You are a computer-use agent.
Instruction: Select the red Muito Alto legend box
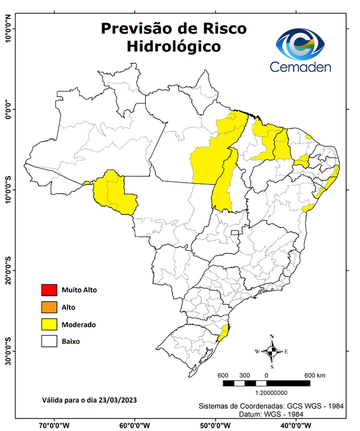49,290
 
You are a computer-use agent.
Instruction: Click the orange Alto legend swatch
49,307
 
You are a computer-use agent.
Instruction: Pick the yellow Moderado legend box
49,324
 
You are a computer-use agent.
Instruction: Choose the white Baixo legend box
49,341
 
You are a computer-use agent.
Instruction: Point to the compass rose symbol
272,351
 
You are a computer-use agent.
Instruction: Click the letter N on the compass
272,337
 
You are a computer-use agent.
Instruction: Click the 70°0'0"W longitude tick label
54,425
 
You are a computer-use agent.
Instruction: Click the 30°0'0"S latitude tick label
7,351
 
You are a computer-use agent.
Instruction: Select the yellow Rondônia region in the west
115,194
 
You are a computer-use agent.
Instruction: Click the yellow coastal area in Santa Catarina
224,333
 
